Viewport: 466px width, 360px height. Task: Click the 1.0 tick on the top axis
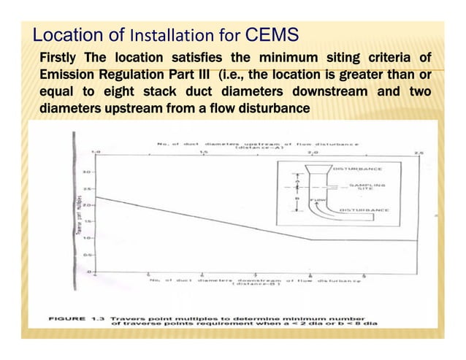[94, 153]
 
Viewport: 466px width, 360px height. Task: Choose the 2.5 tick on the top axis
[418, 153]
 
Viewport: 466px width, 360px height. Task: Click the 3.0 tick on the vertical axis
[85, 173]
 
